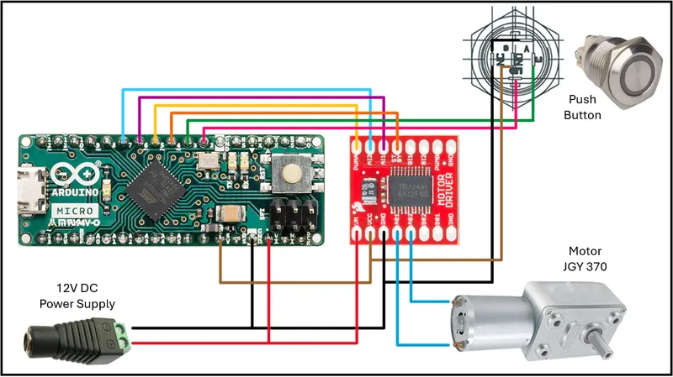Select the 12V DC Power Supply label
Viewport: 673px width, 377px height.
80,295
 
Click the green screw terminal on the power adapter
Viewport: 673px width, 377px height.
123,333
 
